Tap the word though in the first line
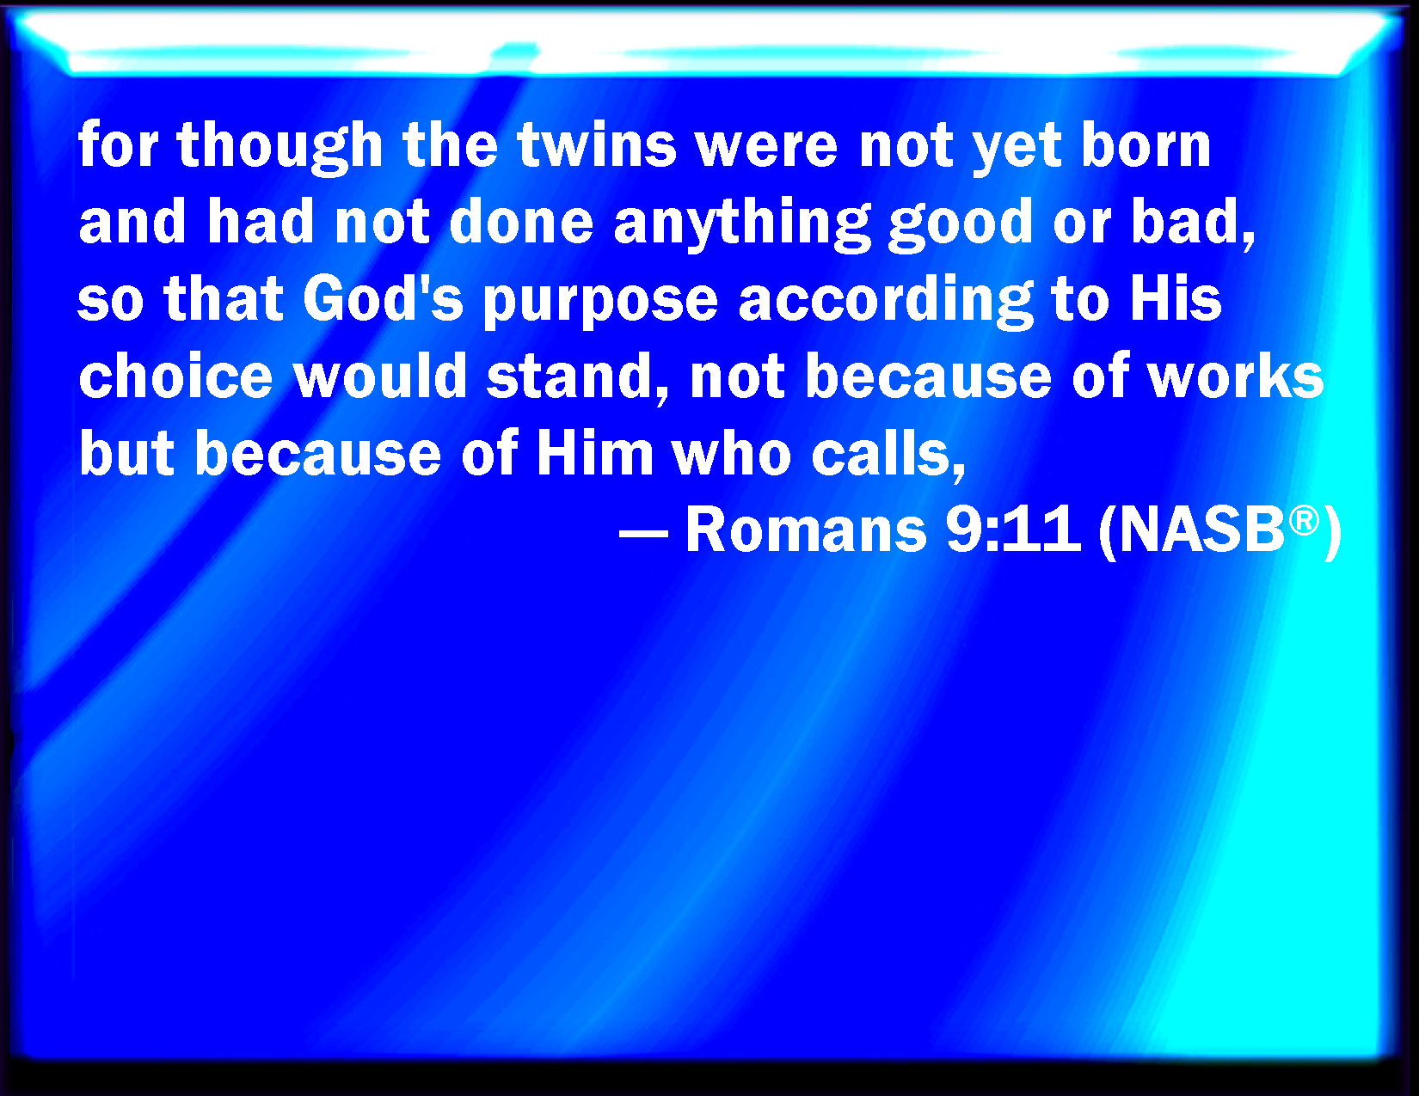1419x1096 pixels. [x=279, y=147]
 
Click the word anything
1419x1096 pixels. [x=742, y=223]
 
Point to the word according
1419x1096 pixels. [x=886, y=302]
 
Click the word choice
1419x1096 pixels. [x=175, y=375]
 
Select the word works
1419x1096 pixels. [x=1236, y=375]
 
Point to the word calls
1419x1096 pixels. [x=888, y=454]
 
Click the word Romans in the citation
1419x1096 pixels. [x=806, y=530]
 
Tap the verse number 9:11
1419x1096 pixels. [x=1013, y=530]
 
